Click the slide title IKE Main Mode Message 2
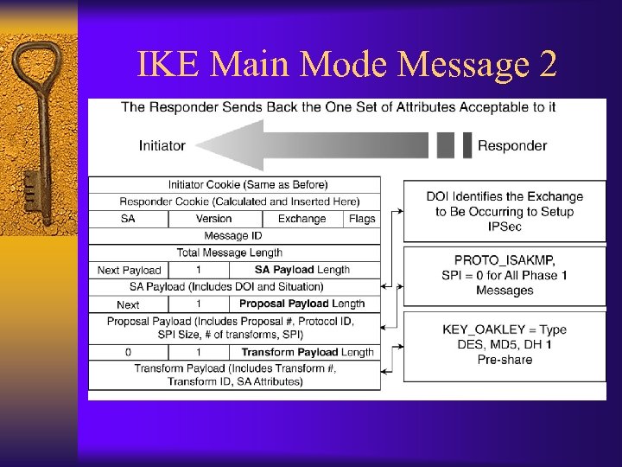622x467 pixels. (347, 64)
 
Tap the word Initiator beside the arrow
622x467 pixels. (162, 145)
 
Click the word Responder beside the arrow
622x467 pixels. (511, 145)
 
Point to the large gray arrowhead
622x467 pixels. (229, 145)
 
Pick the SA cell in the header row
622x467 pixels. (128, 219)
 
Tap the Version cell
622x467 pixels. (213, 219)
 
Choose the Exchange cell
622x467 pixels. (301, 219)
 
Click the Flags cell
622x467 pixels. (362, 219)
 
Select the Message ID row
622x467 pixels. (233, 235)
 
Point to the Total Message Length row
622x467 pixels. (230, 253)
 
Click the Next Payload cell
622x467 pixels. (129, 270)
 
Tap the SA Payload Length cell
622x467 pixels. (302, 270)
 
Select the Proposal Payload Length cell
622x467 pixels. (302, 304)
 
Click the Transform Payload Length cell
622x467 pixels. (307, 352)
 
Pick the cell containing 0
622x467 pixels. (128, 352)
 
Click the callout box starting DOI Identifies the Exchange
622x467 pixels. (505, 211)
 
